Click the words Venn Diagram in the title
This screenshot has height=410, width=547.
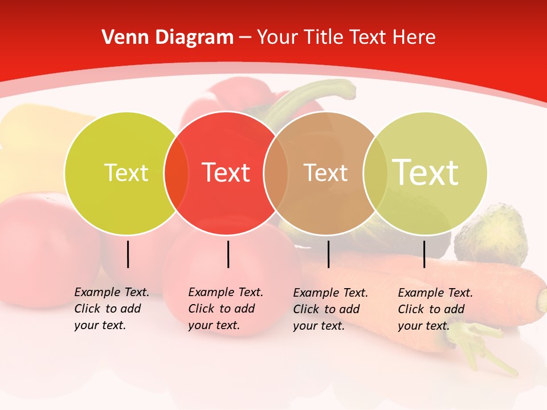tap(168, 38)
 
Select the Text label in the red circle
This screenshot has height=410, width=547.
tap(226, 173)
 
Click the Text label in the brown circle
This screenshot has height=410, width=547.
tap(325, 173)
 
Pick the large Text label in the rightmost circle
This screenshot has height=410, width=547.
tap(425, 172)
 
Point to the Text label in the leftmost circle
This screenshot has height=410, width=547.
tap(126, 173)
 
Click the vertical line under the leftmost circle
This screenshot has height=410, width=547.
tap(128, 254)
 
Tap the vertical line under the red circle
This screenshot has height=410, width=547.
tap(228, 254)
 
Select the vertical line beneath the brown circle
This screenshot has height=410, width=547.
tap(328, 254)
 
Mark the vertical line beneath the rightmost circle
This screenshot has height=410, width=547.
tap(424, 254)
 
